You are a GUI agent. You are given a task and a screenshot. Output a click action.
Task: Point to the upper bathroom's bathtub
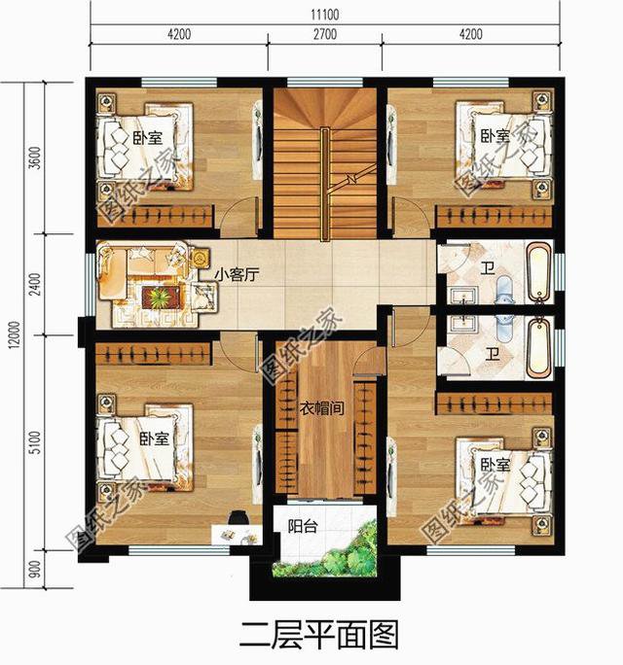tap(537, 272)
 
